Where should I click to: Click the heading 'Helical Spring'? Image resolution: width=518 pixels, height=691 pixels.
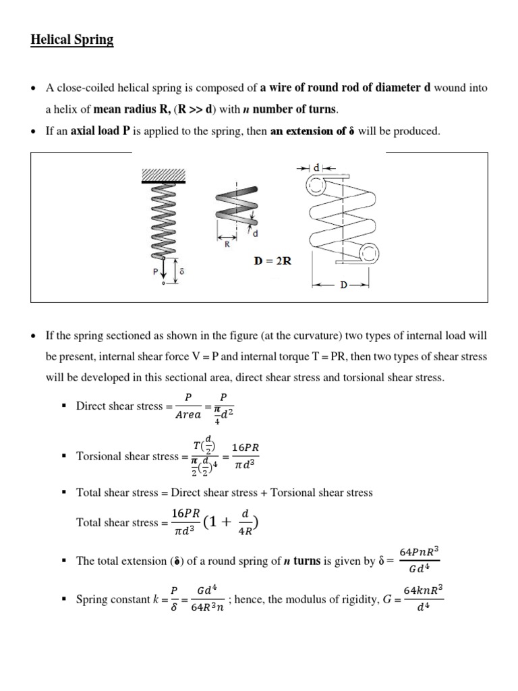pyautogui.click(x=72, y=40)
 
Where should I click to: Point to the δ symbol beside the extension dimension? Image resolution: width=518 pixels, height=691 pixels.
pyautogui.click(x=181, y=270)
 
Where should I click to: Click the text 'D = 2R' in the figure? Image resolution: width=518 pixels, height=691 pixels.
pyautogui.click(x=272, y=260)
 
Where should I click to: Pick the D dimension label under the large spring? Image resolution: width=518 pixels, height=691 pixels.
pyautogui.click(x=343, y=285)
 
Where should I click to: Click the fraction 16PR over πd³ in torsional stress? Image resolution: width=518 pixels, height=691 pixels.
pyautogui.click(x=245, y=456)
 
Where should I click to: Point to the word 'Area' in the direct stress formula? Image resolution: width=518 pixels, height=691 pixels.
pyautogui.click(x=189, y=414)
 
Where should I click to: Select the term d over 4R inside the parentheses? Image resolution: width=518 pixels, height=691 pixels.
pyautogui.click(x=244, y=522)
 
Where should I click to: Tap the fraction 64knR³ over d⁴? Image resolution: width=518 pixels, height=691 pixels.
pyautogui.click(x=423, y=599)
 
